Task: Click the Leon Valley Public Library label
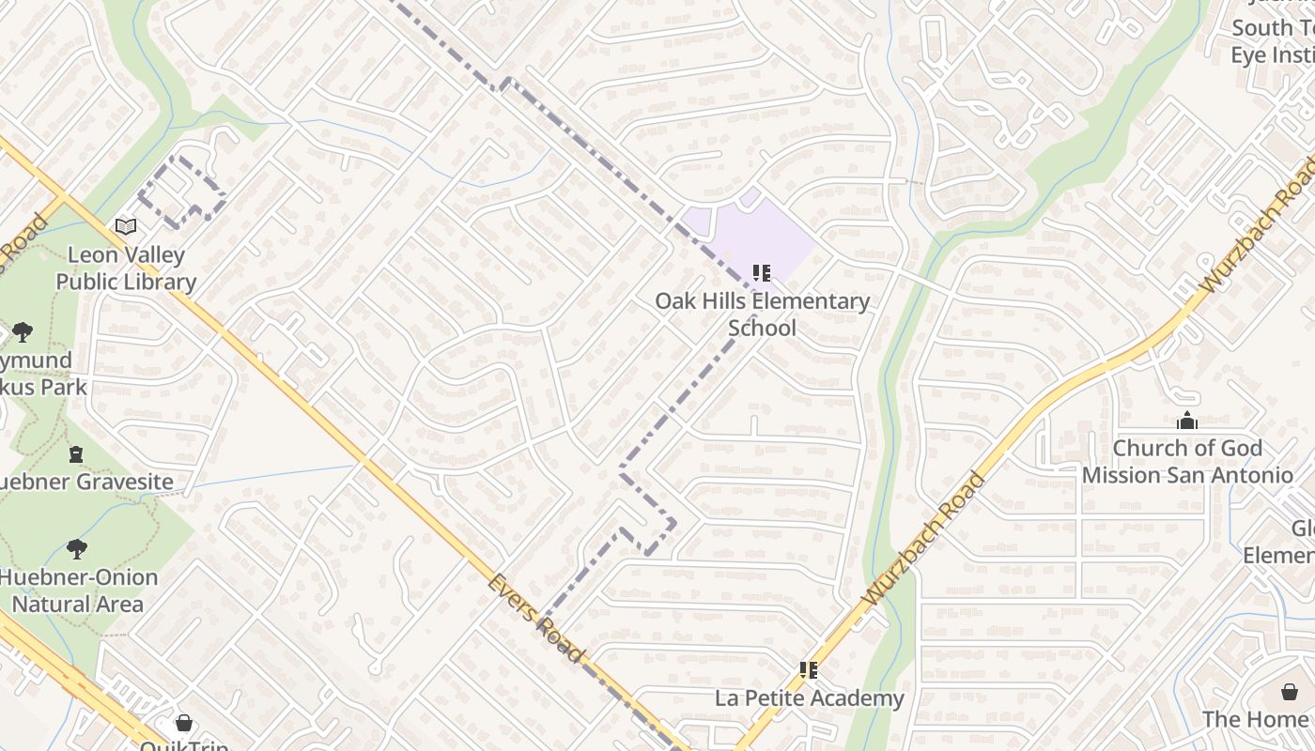tap(126, 268)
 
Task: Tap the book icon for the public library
tap(126, 226)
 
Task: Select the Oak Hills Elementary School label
tap(762, 314)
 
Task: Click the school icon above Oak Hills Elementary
tap(762, 273)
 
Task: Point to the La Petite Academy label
tap(809, 698)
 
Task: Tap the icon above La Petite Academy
tap(809, 670)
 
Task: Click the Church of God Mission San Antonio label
tap(1187, 462)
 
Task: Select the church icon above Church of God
tap(1187, 421)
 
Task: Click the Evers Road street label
tap(535, 619)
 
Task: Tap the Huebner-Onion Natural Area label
tap(78, 590)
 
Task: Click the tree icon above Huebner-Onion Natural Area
tap(77, 549)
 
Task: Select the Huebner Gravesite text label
tap(86, 483)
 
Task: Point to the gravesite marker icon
tap(76, 454)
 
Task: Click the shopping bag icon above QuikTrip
tap(184, 723)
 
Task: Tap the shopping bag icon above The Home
tap(1290, 692)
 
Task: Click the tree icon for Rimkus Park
tap(23, 331)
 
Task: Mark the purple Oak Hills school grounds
tap(761, 235)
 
